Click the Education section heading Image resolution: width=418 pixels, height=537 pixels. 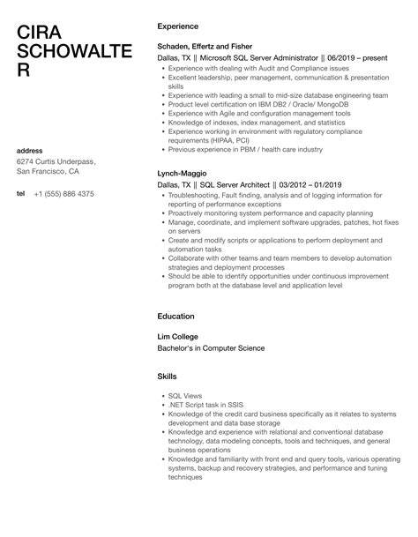coord(175,316)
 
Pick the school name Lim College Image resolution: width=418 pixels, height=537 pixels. coord(178,335)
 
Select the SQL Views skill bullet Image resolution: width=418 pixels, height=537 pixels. coord(187,396)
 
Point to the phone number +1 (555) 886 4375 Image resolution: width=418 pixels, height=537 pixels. coord(64,194)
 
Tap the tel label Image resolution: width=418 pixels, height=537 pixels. coord(21,194)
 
